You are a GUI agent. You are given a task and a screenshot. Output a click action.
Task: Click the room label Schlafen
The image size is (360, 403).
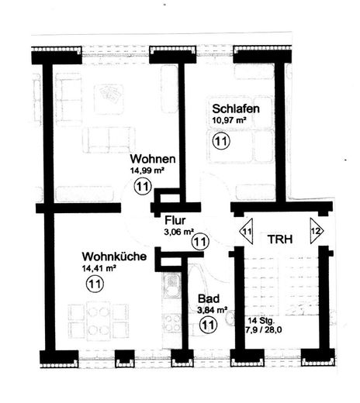(236, 108)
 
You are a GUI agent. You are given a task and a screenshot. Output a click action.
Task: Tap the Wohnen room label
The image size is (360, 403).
(153, 159)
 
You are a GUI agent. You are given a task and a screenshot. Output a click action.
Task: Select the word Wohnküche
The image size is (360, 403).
(114, 257)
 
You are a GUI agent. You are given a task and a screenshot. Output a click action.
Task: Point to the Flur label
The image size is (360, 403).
(175, 220)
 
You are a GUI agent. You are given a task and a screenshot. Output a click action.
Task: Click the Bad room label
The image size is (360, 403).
(209, 298)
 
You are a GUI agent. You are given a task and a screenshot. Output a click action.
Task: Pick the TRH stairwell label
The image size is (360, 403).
(280, 239)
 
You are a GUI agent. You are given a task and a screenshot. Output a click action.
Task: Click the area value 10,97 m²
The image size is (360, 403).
(229, 120)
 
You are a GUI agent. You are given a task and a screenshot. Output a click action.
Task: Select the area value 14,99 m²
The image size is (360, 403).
(147, 170)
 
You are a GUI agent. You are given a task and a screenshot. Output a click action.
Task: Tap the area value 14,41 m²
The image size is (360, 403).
(99, 268)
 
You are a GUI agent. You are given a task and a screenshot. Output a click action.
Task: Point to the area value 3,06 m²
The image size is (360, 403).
(179, 232)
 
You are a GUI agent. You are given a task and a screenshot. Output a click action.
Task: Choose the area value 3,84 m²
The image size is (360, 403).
(212, 310)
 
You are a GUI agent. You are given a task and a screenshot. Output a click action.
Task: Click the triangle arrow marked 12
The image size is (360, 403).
(317, 231)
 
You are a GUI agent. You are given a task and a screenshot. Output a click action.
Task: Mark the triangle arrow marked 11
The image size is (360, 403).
(247, 231)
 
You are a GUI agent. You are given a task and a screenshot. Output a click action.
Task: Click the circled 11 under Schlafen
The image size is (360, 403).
(221, 141)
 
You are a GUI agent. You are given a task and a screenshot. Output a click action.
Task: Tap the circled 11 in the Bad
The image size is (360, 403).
(208, 325)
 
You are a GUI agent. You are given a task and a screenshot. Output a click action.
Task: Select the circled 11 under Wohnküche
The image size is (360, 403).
(95, 284)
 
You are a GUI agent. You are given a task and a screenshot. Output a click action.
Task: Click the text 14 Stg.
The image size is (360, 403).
(261, 321)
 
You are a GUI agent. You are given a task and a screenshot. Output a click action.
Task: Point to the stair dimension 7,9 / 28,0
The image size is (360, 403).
(263, 330)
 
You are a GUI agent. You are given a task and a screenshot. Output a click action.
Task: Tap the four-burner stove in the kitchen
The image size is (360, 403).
(172, 322)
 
